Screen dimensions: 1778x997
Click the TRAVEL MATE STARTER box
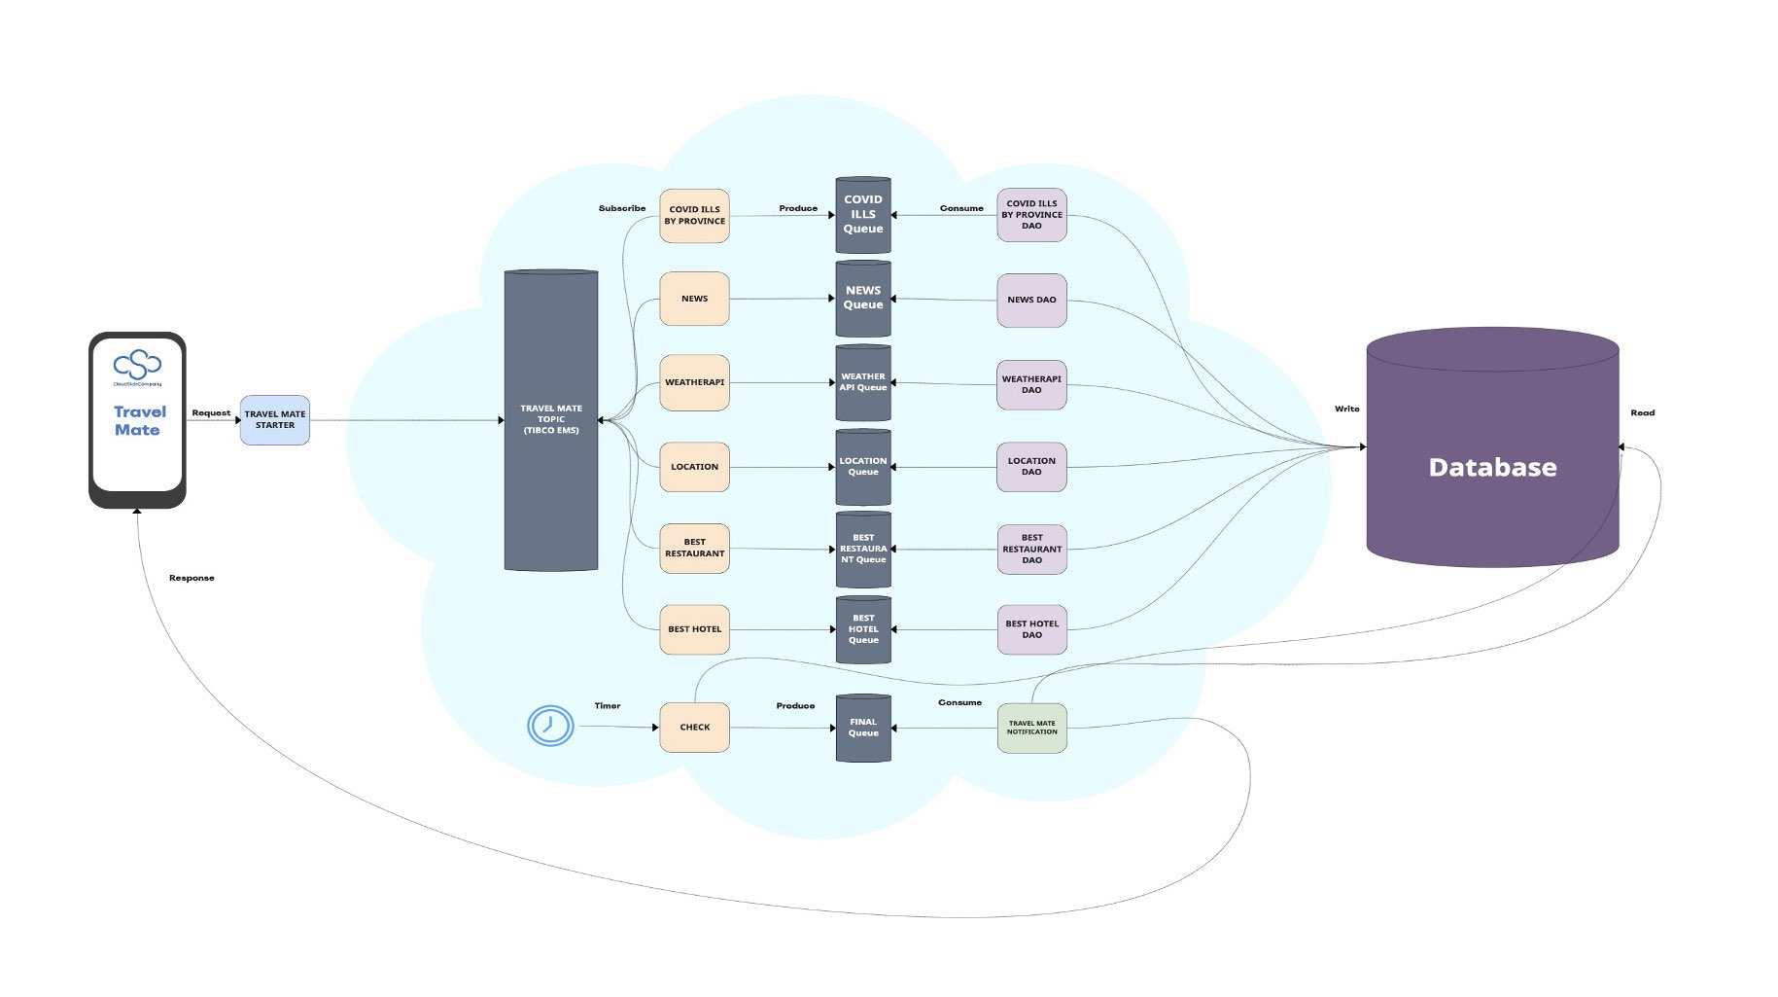tap(275, 420)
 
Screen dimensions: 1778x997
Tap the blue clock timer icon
tap(550, 726)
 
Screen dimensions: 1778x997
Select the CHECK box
tap(694, 728)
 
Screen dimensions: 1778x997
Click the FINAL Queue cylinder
tap(863, 728)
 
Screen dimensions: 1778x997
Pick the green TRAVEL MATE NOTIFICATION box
tap(1032, 728)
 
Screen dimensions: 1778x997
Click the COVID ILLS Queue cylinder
tap(863, 215)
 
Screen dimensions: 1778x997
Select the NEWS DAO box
tap(1031, 300)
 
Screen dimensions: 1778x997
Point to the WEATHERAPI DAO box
tap(1031, 384)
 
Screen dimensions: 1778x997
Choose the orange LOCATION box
tap(694, 467)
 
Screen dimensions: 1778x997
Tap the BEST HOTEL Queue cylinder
tap(863, 629)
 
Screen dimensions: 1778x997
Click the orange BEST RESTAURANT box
tap(694, 549)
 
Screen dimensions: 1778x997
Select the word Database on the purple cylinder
tap(1492, 468)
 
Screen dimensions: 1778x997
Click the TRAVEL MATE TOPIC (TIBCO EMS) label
tap(551, 419)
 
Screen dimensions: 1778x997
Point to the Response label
tap(192, 578)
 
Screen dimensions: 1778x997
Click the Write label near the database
tap(1347, 409)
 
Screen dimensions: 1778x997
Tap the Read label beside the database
tap(1642, 412)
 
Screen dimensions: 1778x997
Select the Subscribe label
tap(622, 208)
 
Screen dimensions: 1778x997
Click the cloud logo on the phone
tap(137, 365)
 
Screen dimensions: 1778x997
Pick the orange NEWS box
tap(694, 299)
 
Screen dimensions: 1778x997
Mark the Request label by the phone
tap(211, 412)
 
